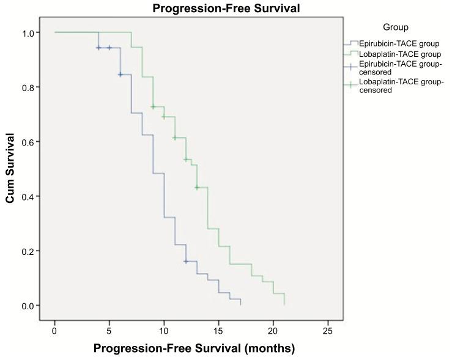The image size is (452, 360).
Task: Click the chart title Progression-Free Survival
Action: [x=218, y=9]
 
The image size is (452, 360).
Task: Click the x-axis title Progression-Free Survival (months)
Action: [x=194, y=348]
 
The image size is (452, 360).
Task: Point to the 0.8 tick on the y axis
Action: [x=29, y=87]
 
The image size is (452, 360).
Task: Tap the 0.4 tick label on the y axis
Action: [x=29, y=196]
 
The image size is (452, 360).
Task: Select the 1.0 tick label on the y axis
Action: [x=29, y=32]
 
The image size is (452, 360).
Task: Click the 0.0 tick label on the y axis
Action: [x=29, y=306]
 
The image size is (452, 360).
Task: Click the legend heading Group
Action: [x=396, y=28]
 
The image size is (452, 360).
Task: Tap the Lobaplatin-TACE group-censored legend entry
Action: [x=397, y=86]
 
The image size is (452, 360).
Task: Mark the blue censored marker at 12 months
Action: [x=185, y=262]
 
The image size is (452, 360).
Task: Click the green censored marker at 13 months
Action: [x=196, y=188]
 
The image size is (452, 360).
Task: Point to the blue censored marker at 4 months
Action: [x=98, y=48]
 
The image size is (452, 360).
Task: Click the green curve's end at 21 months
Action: [x=284, y=304]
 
